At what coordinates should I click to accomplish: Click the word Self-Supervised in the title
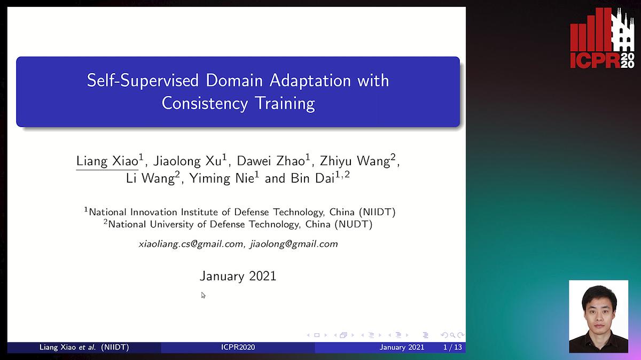143,81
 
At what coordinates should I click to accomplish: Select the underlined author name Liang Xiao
107,161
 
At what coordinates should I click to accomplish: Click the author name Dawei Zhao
271,161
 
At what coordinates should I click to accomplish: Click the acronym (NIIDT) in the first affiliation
378,212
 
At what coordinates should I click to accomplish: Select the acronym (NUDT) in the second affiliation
353,224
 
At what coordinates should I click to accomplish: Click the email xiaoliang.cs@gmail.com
191,244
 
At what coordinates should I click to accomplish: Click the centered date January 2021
238,276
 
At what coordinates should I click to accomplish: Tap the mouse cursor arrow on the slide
203,294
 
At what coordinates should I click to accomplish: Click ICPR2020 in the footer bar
238,347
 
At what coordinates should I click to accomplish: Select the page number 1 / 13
452,347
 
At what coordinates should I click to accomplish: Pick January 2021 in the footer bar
402,347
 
